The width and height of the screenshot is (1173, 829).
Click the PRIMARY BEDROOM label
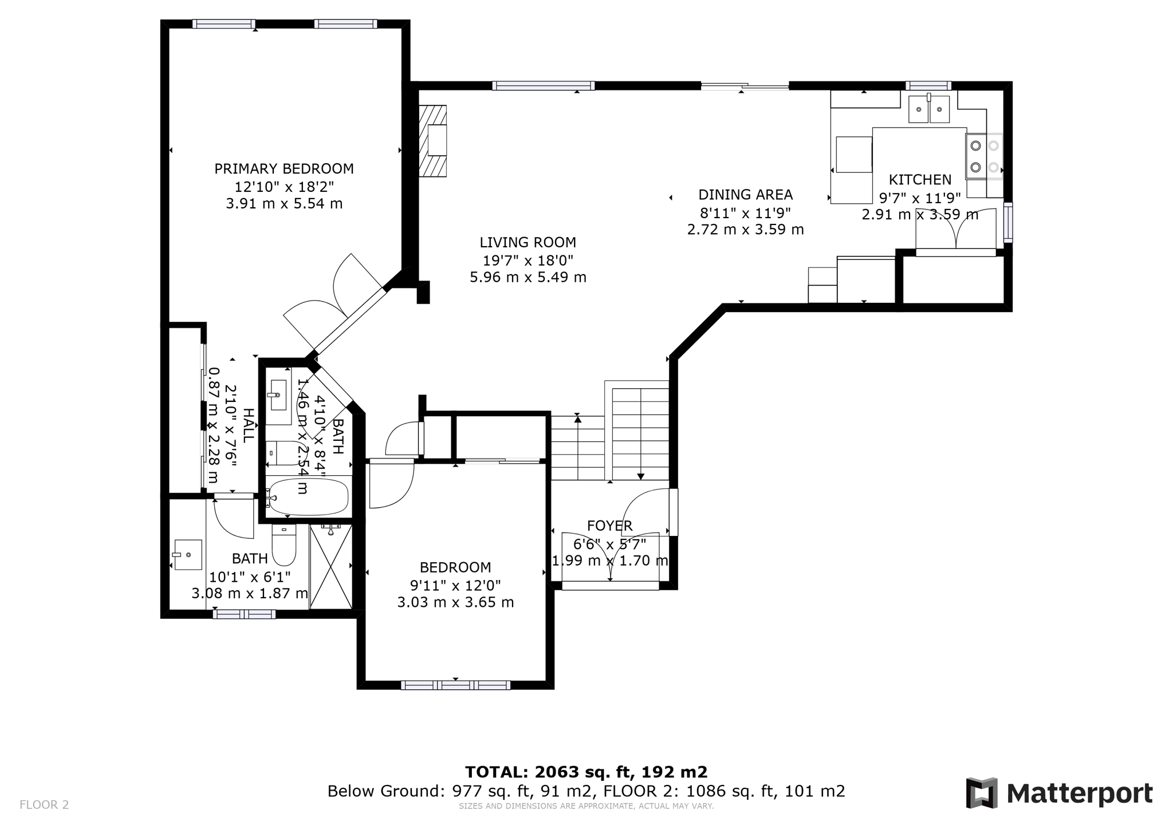point(284,169)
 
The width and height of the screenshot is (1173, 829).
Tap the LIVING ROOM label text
point(528,243)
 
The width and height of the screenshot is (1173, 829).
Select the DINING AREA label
point(745,195)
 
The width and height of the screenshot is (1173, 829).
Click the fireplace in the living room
point(433,141)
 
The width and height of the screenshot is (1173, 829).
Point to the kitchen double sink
point(928,109)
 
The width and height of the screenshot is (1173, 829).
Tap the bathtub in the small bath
point(308,497)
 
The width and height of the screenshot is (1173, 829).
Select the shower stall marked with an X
point(331,566)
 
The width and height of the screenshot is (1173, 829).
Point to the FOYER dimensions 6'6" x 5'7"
point(609,543)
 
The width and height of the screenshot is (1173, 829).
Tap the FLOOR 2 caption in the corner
point(44,805)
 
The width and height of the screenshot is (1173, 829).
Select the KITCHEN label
point(920,180)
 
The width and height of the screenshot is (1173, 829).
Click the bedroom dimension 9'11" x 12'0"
point(455,585)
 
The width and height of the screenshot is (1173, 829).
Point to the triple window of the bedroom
point(455,685)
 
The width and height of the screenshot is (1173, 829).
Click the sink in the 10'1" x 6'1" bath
point(188,555)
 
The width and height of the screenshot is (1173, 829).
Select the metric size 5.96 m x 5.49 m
point(528,278)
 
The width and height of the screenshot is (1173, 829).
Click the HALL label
point(248,425)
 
